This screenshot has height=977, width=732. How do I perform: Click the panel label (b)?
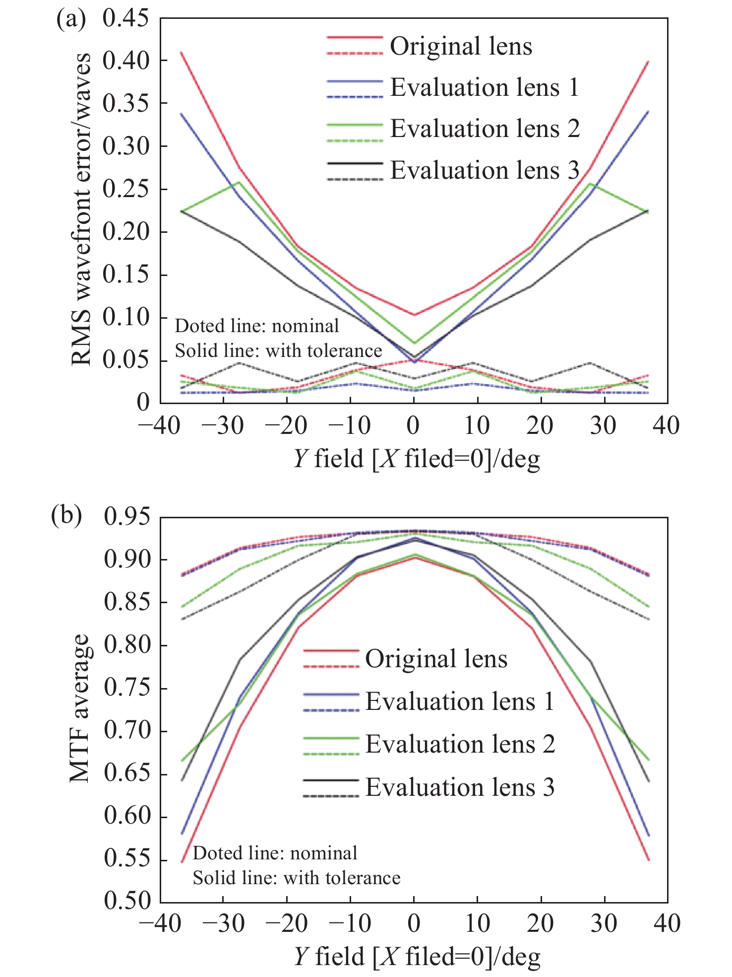tap(66, 516)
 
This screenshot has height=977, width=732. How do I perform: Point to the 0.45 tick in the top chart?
tap(125, 18)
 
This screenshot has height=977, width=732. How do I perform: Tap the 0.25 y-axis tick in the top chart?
tap(125, 189)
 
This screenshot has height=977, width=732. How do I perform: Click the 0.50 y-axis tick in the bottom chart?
tap(127, 901)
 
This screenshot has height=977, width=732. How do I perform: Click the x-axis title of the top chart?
tap(416, 459)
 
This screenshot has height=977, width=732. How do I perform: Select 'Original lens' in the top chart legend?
tap(461, 46)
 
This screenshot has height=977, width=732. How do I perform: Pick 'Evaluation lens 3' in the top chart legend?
tap(485, 170)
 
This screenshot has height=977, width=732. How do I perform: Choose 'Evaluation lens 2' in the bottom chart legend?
tap(460, 744)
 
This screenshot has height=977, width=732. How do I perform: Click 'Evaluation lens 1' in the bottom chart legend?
tap(460, 701)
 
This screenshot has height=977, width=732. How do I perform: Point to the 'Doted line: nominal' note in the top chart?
tap(257, 326)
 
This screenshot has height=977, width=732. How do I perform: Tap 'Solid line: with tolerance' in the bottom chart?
tap(296, 878)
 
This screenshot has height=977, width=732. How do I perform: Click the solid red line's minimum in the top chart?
tap(414, 314)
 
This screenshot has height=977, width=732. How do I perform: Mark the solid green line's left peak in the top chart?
tap(239, 182)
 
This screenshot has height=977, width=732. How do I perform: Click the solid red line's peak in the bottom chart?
tap(414, 557)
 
